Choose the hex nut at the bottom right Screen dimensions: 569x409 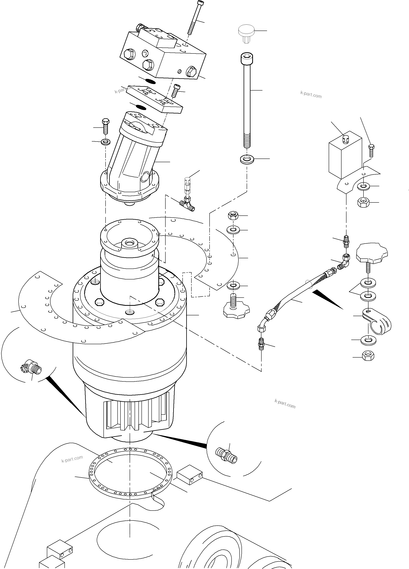coord(368,356)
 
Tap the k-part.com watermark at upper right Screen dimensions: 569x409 coord(311,94)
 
